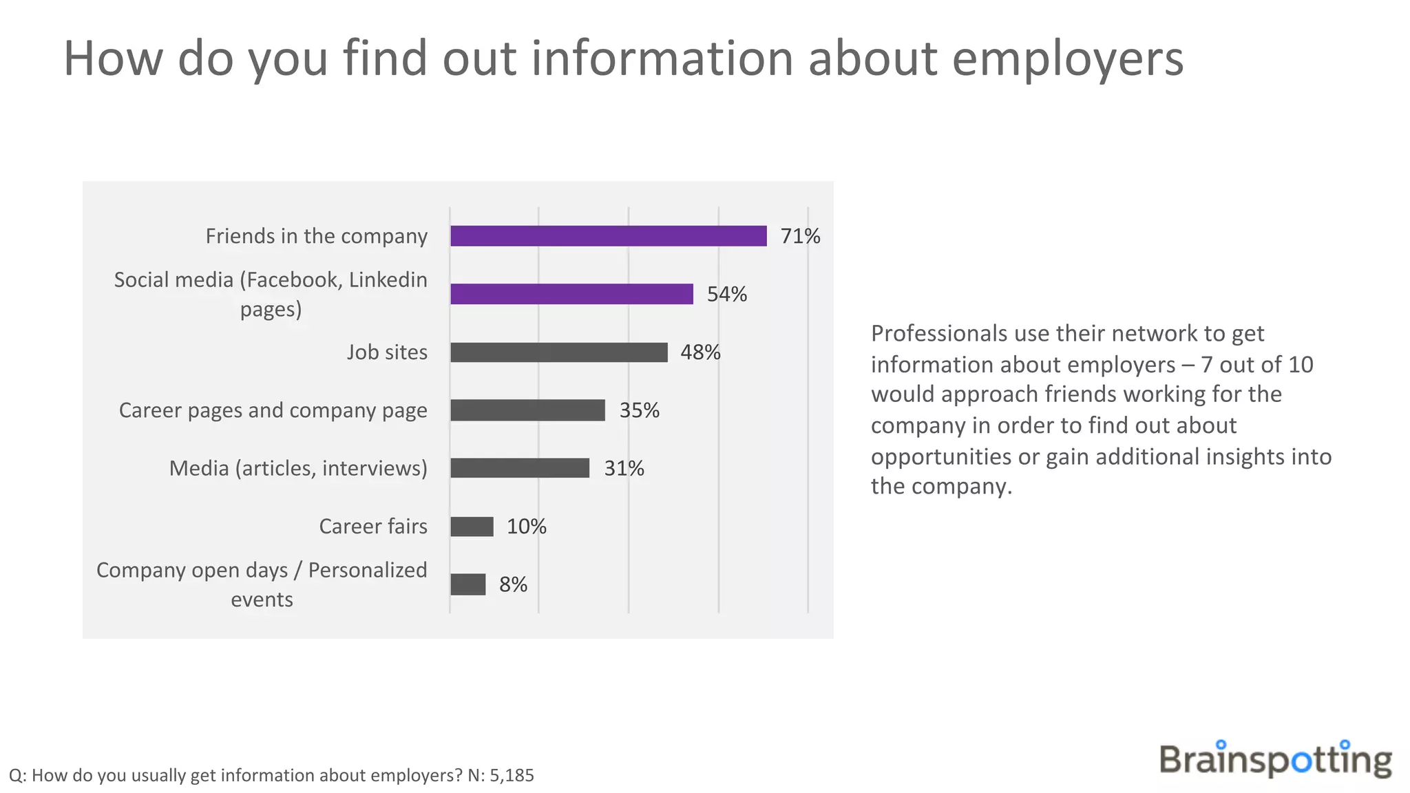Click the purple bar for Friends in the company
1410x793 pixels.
tap(608, 236)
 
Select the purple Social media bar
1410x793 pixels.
tap(571, 294)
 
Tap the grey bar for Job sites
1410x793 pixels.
tap(558, 352)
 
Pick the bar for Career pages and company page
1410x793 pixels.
tap(527, 410)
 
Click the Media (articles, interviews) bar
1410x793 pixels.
tap(520, 468)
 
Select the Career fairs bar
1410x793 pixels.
tap(472, 527)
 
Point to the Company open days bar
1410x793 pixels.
tap(467, 584)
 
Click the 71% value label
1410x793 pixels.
tap(800, 236)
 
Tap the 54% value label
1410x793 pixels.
tap(727, 294)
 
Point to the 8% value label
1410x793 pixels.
tap(513, 584)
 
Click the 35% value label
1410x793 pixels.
tap(639, 410)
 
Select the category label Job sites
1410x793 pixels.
tap(387, 352)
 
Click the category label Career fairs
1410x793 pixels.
tap(373, 527)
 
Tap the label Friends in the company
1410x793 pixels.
tap(316, 236)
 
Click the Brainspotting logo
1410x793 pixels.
tap(1275, 759)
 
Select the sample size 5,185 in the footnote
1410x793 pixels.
tap(512, 776)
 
